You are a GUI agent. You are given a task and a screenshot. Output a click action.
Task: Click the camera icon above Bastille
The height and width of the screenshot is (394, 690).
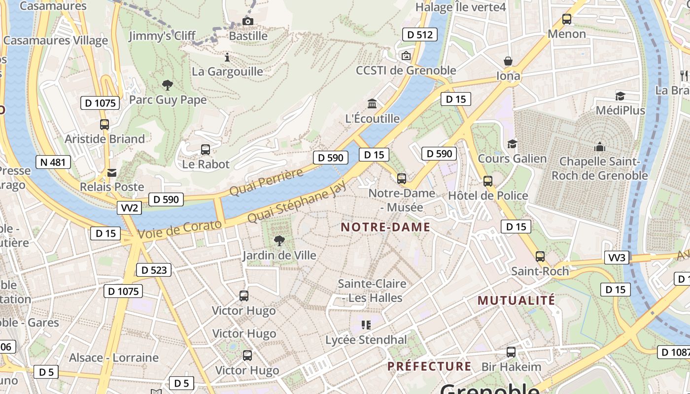pos(248,21)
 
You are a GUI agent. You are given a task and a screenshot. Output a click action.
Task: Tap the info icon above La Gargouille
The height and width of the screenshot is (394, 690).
pos(227,57)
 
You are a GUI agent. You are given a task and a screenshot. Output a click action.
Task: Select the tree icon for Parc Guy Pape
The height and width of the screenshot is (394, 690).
pos(168,85)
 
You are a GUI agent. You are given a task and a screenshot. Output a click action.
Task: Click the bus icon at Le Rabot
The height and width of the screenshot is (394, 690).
pos(206,149)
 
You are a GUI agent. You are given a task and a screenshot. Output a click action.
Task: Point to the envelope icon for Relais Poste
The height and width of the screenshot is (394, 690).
pos(112,173)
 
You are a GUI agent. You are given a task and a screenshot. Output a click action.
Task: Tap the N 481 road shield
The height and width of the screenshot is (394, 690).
pos(53,162)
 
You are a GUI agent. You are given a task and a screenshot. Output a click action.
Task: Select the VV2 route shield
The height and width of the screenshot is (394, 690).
pos(130,208)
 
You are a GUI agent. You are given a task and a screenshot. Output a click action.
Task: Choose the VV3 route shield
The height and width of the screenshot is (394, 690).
pos(617,258)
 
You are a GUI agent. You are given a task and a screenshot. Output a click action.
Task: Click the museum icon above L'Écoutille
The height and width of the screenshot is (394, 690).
pos(372,104)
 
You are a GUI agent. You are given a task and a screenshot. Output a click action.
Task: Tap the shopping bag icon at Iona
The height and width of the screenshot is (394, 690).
pos(508,61)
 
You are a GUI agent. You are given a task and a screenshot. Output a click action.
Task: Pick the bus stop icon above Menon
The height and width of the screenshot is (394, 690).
pos(567,19)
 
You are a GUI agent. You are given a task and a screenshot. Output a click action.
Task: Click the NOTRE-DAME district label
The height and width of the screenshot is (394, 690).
pos(385,227)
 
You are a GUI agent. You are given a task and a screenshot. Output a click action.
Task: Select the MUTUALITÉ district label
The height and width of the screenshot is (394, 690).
pos(516,300)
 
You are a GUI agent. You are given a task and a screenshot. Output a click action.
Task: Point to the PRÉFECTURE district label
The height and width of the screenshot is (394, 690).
pos(429,366)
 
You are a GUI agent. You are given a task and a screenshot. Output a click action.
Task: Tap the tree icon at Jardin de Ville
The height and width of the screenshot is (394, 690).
pos(279,241)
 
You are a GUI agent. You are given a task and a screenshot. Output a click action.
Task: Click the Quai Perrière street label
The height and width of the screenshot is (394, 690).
pos(267,182)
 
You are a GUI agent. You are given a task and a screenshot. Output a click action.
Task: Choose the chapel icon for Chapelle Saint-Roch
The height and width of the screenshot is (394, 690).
pos(599,146)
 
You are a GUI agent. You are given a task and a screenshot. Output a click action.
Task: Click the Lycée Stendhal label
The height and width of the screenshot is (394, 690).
pos(366,340)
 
